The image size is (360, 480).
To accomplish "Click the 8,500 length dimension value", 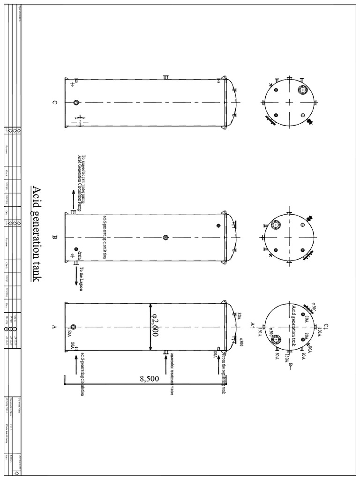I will tap(149, 379).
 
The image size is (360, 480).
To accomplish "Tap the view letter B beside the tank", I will tap(54, 238).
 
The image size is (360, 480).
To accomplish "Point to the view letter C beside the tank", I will tap(54, 103).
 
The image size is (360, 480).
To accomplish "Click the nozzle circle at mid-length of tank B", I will tap(165, 238).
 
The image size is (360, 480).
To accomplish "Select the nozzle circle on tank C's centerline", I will tap(75, 103).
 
